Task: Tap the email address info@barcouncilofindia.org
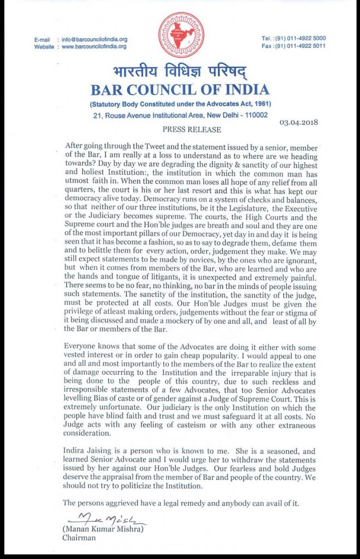tap(94, 39)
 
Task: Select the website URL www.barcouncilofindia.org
tap(94, 46)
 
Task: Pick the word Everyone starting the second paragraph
tap(83, 347)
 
